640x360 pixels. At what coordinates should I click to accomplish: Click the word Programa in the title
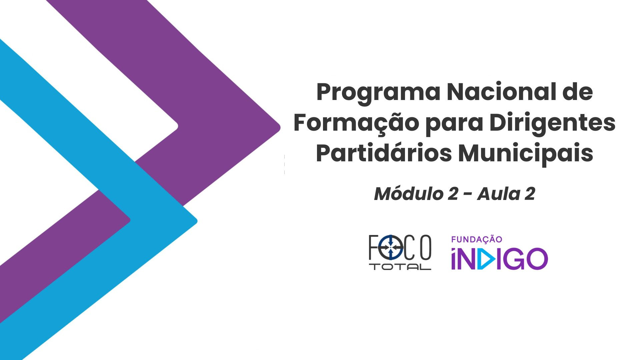coord(378,94)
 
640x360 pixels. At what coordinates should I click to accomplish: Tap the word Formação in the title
coord(356,123)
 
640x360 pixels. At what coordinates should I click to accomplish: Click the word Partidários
coord(384,153)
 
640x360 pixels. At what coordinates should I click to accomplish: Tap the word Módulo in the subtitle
coord(408,194)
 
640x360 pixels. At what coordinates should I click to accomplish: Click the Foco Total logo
coord(400,252)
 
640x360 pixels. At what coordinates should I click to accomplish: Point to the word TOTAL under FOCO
coord(402,267)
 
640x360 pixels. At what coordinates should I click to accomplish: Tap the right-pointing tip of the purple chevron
coord(280,128)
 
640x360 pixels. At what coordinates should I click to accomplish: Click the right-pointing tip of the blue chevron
coord(197,221)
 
